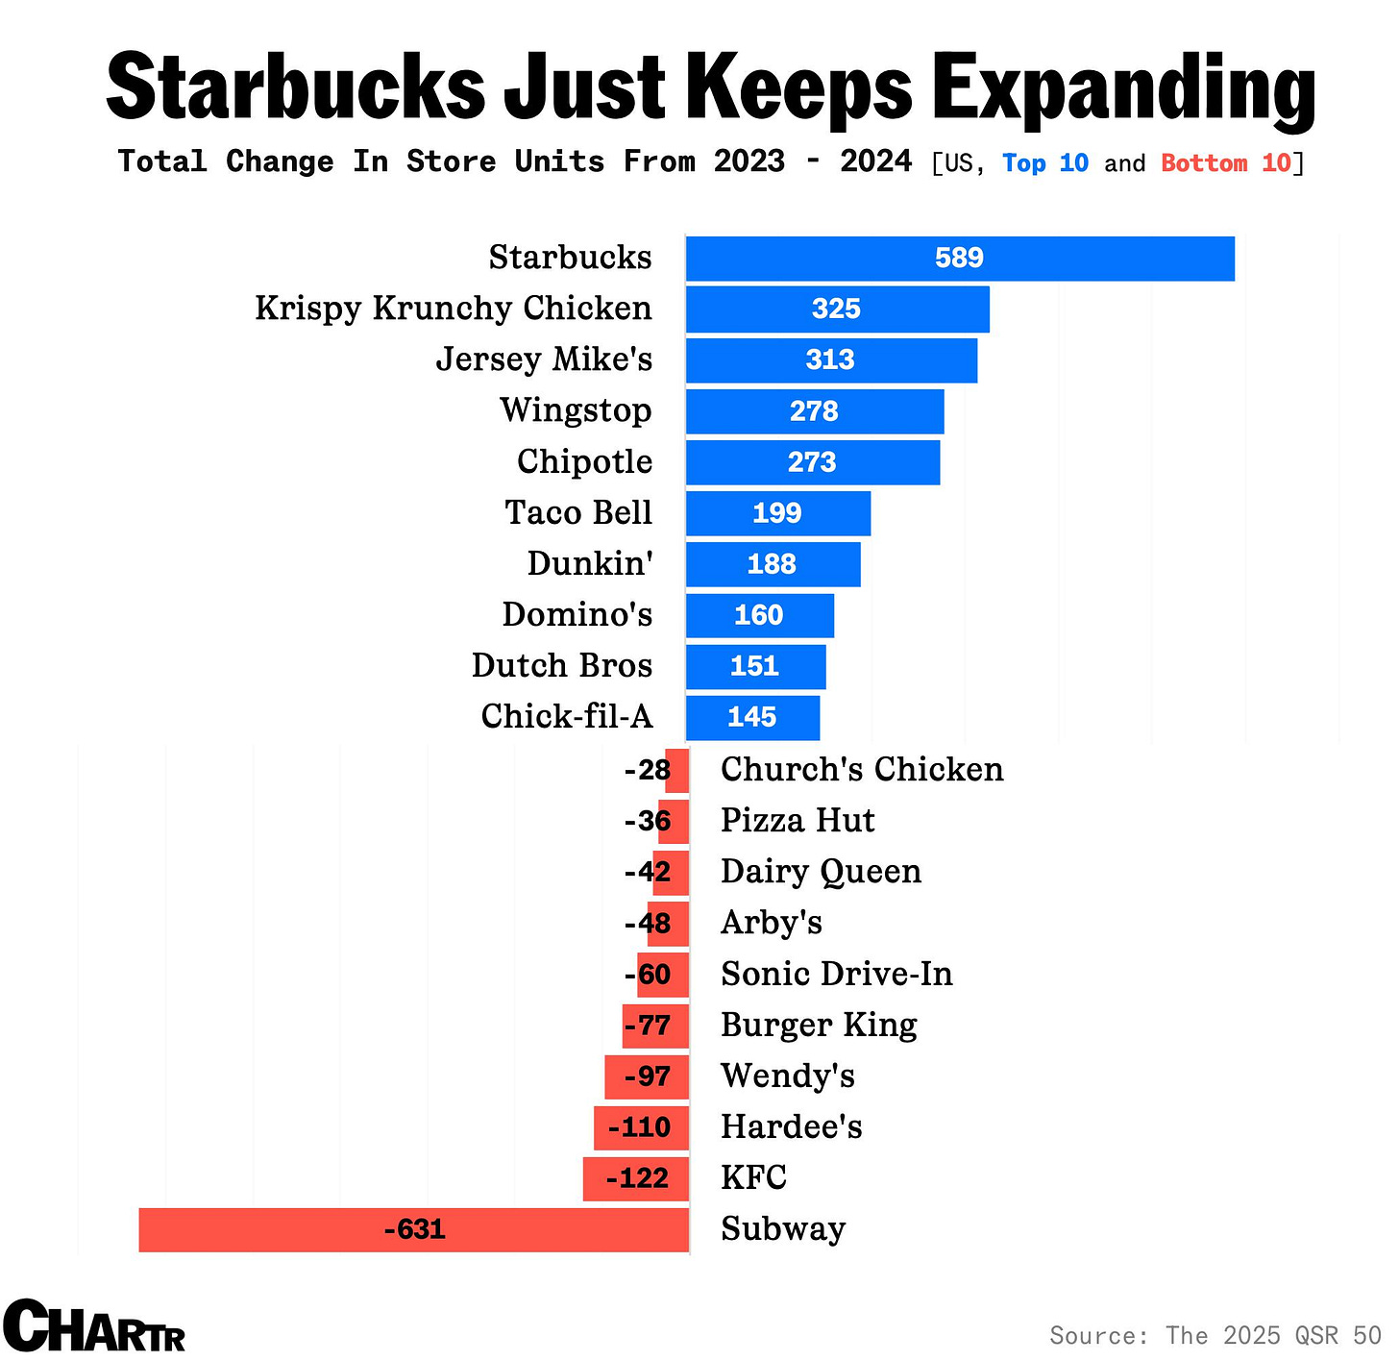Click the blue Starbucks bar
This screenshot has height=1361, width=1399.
[x=959, y=259]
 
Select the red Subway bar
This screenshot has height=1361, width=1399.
[x=413, y=1230]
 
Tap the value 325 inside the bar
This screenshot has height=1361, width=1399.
[x=836, y=309]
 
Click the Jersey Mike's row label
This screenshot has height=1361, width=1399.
[x=544, y=359]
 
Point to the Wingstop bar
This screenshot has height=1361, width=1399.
[x=814, y=411]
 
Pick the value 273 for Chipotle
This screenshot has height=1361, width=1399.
[x=812, y=462]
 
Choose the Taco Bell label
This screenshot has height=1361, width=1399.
[x=578, y=513]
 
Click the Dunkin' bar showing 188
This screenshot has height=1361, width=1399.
[x=773, y=564]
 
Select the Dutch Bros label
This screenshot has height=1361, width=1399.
[x=561, y=666]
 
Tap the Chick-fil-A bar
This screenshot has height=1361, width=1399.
[x=752, y=718]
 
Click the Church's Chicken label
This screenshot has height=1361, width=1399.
[x=862, y=770]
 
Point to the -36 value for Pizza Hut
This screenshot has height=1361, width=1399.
[x=647, y=821]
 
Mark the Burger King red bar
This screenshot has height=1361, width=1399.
[x=655, y=1026]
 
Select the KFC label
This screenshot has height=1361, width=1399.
[x=753, y=1178]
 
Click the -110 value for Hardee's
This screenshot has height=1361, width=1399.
[x=639, y=1127]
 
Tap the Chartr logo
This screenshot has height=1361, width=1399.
[x=94, y=1326]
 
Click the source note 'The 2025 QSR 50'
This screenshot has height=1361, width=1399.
[x=1273, y=1336]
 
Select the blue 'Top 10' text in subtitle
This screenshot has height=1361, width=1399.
[x=1045, y=163]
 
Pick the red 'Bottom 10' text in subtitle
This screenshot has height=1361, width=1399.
[x=1226, y=163]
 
